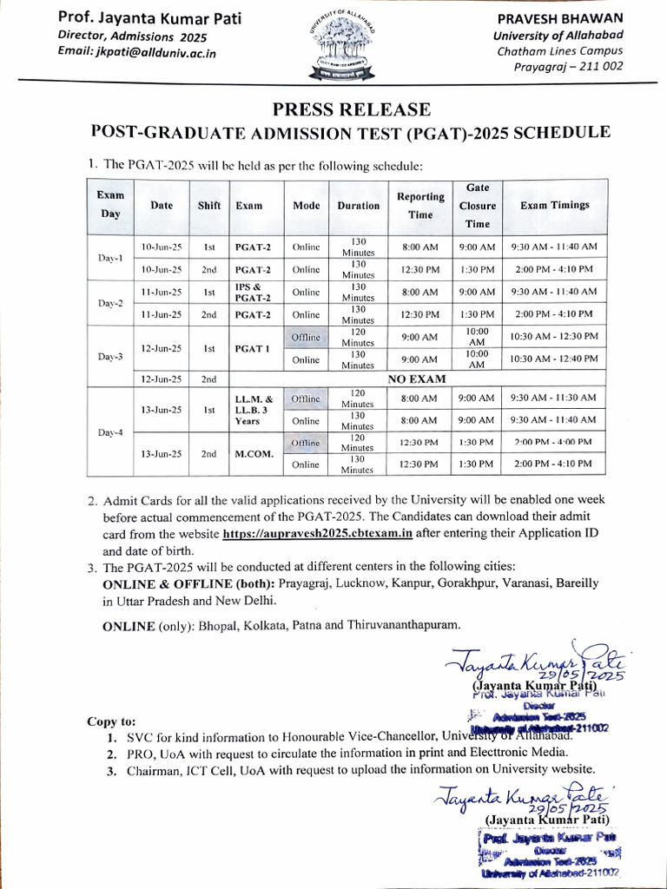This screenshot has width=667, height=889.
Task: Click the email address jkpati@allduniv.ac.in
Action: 136,53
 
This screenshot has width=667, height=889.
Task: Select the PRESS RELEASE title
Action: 351,109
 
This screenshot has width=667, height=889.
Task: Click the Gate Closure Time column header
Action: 477,206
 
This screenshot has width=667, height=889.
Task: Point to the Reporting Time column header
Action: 420,205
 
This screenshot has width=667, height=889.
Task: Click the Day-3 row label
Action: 109,357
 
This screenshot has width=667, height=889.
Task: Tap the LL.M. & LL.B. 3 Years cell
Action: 254,409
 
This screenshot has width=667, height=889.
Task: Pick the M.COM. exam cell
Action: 254,453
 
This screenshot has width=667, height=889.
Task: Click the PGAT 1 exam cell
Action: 254,348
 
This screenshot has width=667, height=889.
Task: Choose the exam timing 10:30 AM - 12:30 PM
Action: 556,336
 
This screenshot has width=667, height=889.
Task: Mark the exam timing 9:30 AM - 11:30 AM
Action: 556,397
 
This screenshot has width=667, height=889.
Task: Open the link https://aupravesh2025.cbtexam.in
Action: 316,534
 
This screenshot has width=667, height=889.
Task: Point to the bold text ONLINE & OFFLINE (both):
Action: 177,583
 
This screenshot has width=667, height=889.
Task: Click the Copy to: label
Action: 111,721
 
